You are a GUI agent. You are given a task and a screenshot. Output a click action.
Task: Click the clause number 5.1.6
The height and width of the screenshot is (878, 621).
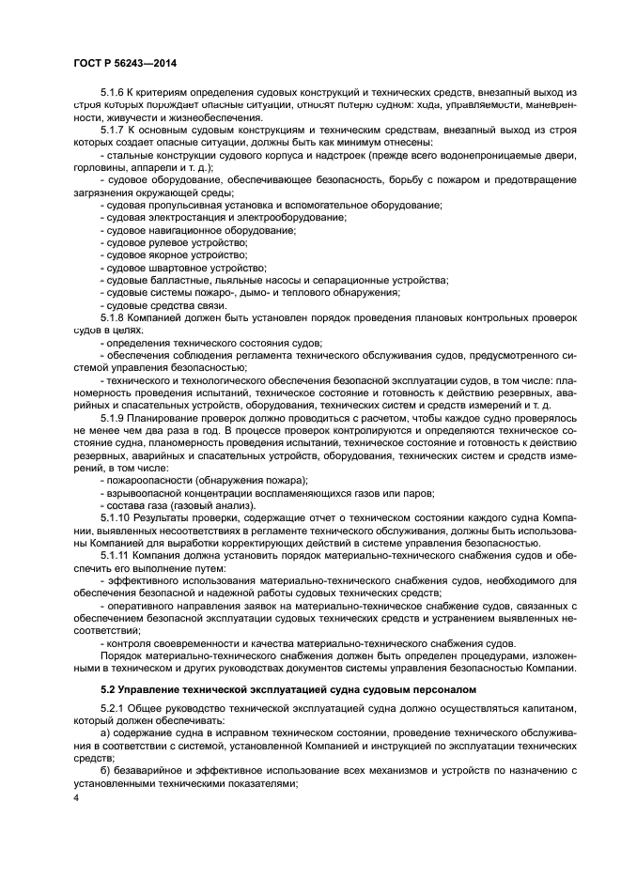[x=112, y=94]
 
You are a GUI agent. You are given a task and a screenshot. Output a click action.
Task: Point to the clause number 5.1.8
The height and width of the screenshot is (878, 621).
[x=112, y=318]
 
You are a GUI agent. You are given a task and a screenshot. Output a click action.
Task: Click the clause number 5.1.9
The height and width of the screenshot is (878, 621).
[x=112, y=417]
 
